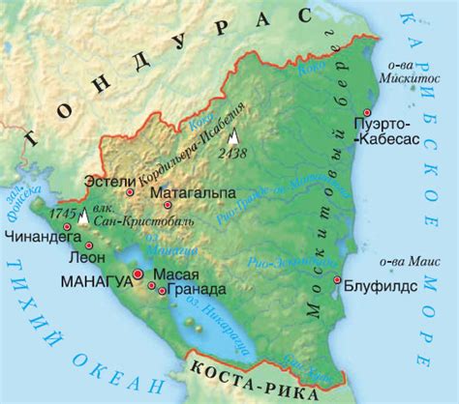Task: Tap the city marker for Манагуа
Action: coord(138,275)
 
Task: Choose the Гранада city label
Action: coord(197,289)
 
